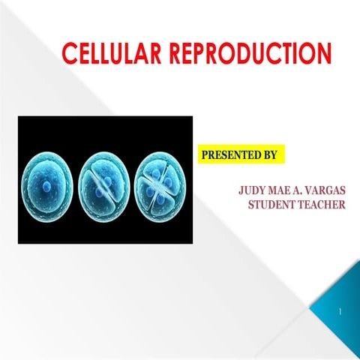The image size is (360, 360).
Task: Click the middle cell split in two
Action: pos(103,180)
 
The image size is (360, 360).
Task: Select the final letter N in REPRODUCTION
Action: pos(323,54)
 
